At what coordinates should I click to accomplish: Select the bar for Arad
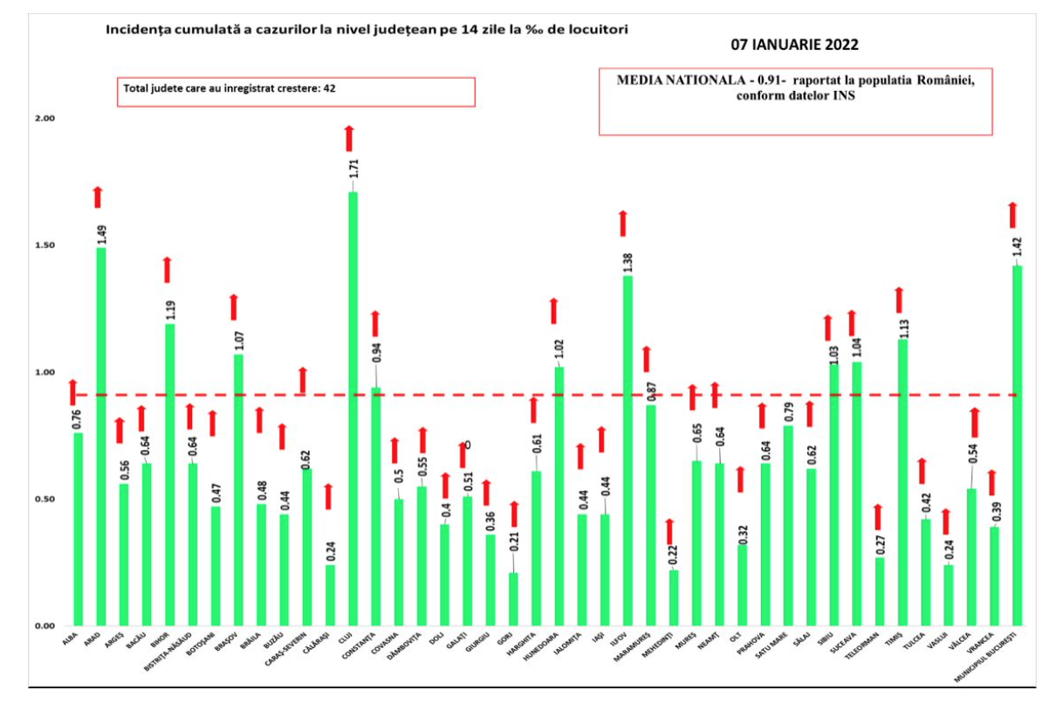(101, 437)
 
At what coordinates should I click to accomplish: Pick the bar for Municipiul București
(1018, 445)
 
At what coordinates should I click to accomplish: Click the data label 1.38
(627, 262)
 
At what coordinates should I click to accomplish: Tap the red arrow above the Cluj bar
(349, 138)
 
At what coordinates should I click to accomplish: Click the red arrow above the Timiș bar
(898, 300)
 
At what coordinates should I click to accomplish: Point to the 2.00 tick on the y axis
(43, 118)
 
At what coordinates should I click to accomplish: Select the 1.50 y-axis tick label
(43, 245)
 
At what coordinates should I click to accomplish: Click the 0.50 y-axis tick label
(43, 500)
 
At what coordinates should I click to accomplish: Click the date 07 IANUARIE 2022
(794, 45)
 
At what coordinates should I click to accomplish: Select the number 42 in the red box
(342, 88)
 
